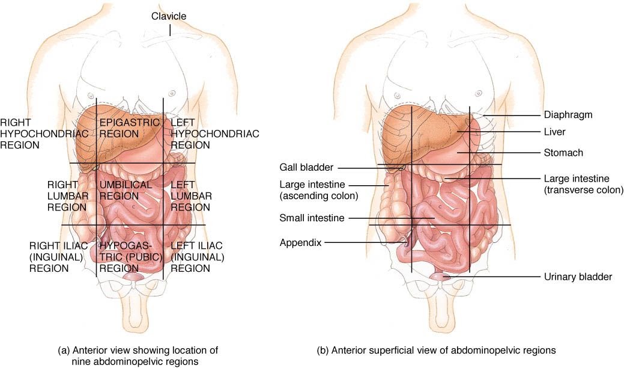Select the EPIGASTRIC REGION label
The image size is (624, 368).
click(130, 127)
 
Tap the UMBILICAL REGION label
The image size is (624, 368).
click(126, 191)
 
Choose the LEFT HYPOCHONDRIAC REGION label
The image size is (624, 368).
click(214, 133)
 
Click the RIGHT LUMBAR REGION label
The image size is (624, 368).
click(67, 195)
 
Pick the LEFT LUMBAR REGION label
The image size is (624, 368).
click(190, 195)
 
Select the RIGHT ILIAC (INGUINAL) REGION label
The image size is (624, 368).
click(58, 257)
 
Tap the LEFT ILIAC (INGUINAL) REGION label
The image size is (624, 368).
click(198, 257)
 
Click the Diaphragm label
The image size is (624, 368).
click(568, 115)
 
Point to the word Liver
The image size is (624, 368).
click(554, 131)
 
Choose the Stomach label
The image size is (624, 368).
click(563, 153)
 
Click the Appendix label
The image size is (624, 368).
click(300, 242)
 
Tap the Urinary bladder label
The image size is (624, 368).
click(578, 277)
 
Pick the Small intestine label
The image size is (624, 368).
click(312, 218)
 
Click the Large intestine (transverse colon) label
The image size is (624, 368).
click(583, 184)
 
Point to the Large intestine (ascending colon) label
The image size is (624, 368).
click(318, 189)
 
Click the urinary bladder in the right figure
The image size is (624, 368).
click(441, 277)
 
